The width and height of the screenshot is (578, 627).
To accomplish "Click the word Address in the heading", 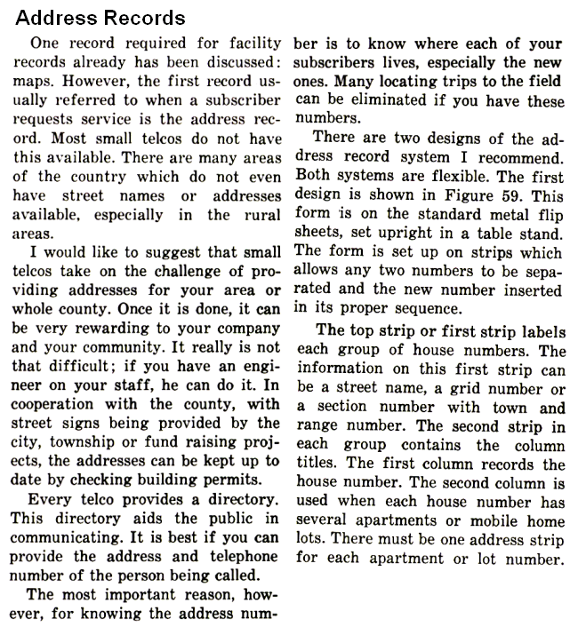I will click(55, 17).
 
